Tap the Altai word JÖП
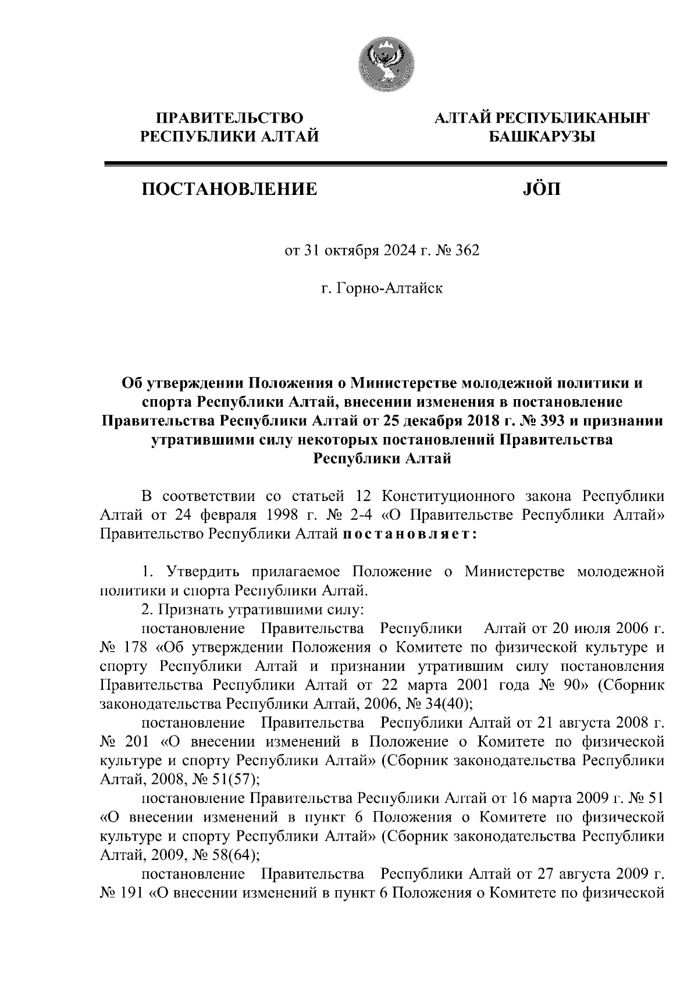(x=539, y=189)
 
